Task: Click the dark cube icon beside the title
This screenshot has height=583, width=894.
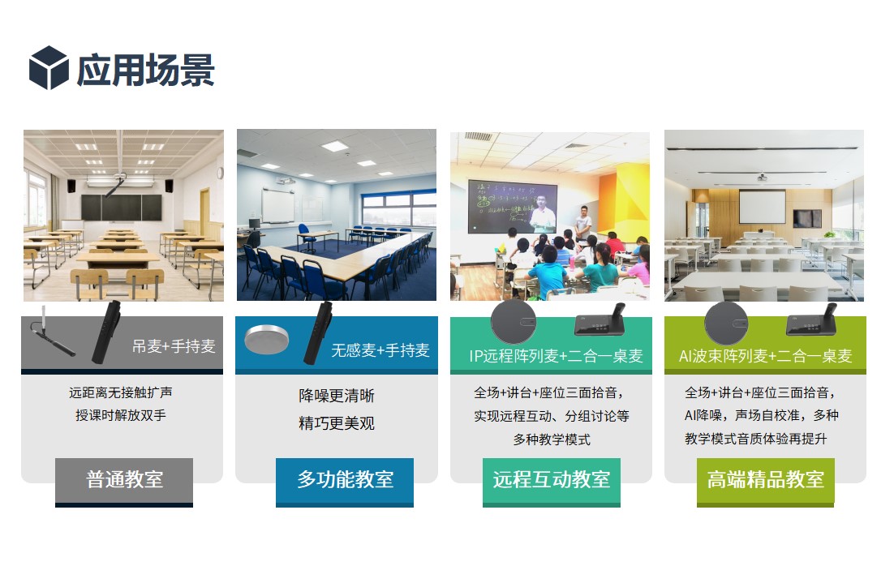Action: pyautogui.click(x=49, y=68)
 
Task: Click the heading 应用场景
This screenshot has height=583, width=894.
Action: pyautogui.click(x=145, y=70)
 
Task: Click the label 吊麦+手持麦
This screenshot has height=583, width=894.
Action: pyautogui.click(x=174, y=346)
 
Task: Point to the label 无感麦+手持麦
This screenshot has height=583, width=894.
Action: pyautogui.click(x=380, y=350)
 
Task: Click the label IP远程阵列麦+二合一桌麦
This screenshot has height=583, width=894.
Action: pyautogui.click(x=556, y=356)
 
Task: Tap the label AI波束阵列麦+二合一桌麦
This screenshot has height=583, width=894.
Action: pyautogui.click(x=765, y=356)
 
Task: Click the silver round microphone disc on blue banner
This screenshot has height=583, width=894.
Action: pyautogui.click(x=266, y=339)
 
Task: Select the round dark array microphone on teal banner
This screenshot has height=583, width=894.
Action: pyautogui.click(x=514, y=322)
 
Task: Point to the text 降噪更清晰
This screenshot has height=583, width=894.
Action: pyautogui.click(x=337, y=396)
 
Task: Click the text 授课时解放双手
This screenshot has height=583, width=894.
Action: pyautogui.click(x=121, y=415)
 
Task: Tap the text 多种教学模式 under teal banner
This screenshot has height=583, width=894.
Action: pyautogui.click(x=552, y=439)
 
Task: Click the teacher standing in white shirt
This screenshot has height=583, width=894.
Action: pyautogui.click(x=582, y=223)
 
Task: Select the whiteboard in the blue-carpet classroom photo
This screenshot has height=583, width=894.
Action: pyautogui.click(x=277, y=206)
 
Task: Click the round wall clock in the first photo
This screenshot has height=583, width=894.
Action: pyautogui.click(x=220, y=173)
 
